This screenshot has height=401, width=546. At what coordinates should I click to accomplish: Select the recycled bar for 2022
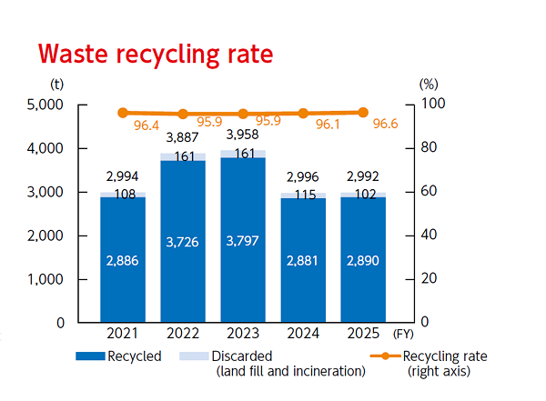point(183,241)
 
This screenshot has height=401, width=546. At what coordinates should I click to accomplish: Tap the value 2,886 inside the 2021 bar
point(123,260)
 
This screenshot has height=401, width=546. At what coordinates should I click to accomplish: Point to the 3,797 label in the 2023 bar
point(243,242)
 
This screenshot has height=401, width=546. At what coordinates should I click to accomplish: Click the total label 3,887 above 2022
point(183,137)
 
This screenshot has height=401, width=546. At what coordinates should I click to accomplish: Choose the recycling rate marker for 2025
point(363,113)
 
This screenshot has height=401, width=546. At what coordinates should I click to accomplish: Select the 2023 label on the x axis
point(243,335)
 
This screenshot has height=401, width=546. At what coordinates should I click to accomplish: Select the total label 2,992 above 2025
point(362,178)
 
